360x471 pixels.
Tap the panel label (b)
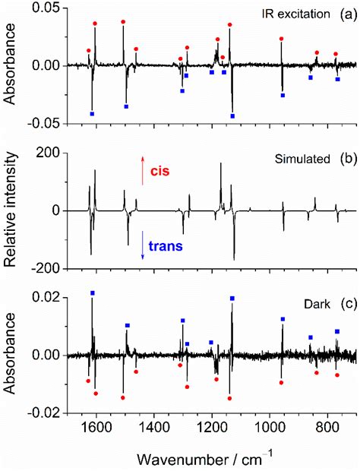[x=349, y=162]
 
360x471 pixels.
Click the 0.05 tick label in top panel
[x=49, y=7]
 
